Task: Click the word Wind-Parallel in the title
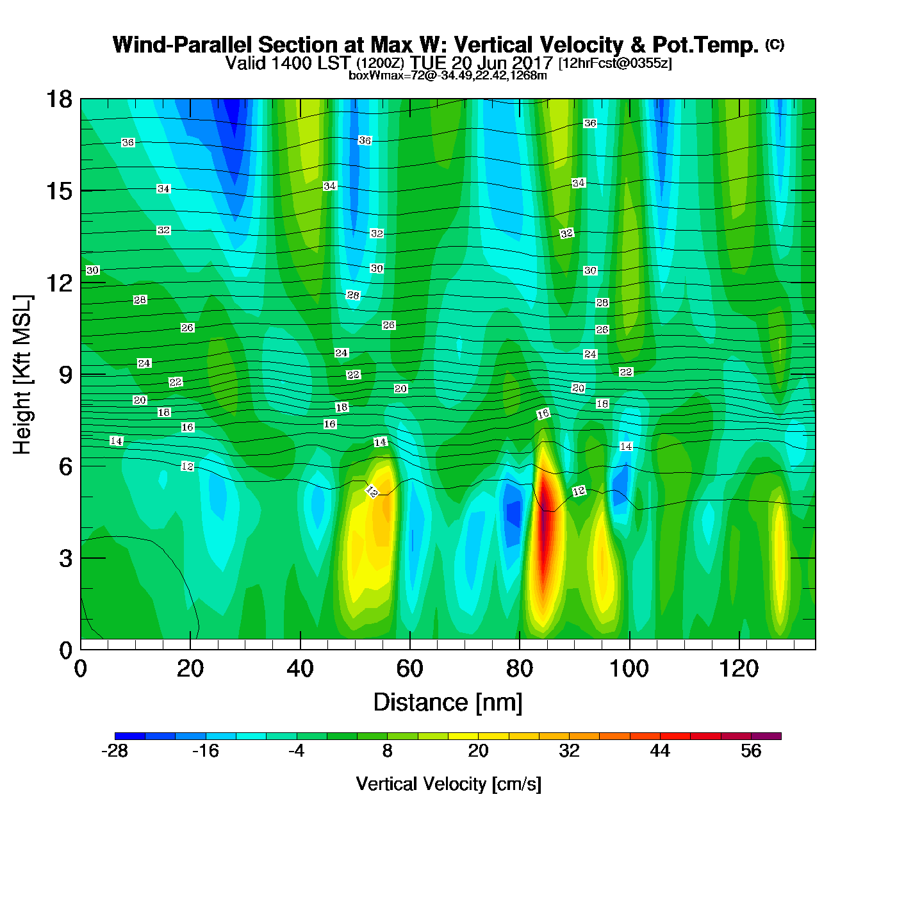[183, 45]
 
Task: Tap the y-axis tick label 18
[58, 99]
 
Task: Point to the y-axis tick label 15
[58, 191]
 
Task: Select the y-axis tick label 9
[65, 375]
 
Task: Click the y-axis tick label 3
[65, 559]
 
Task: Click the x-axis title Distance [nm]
[448, 703]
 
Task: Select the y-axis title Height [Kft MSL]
[22, 375]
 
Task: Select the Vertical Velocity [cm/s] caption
[448, 784]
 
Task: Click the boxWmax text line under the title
[448, 76]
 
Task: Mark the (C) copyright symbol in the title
[775, 44]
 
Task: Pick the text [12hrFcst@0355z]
[615, 63]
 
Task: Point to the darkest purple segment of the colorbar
[766, 736]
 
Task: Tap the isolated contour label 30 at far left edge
[93, 270]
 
